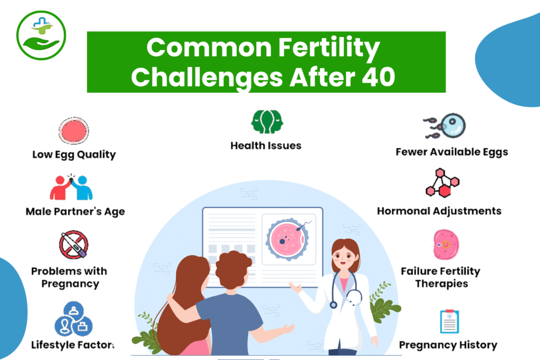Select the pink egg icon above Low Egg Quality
(x=74, y=131)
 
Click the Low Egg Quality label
(x=74, y=154)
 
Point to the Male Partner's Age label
(x=75, y=212)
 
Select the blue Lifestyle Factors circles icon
(x=73, y=316)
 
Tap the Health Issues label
(x=266, y=145)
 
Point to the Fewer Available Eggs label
(x=452, y=152)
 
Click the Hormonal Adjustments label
(x=439, y=211)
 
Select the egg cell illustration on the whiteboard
(x=289, y=239)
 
